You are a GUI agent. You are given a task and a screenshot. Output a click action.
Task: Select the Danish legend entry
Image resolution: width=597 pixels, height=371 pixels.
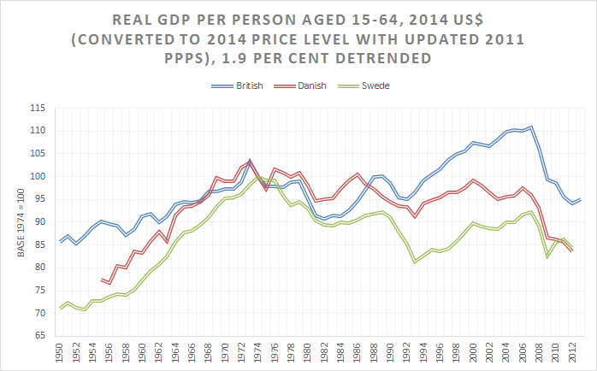coord(305,87)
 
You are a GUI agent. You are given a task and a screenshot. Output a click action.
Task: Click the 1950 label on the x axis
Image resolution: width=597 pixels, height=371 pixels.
coord(61,354)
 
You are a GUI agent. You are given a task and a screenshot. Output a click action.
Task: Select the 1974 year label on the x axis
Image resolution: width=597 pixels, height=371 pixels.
coord(250,354)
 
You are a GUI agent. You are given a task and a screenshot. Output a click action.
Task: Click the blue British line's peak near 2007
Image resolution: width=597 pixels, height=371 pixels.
coord(531,127)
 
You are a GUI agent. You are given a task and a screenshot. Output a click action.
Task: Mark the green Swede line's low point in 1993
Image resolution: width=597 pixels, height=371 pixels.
coord(414,262)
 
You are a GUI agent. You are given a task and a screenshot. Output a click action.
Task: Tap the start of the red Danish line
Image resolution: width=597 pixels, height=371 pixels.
coord(101,280)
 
